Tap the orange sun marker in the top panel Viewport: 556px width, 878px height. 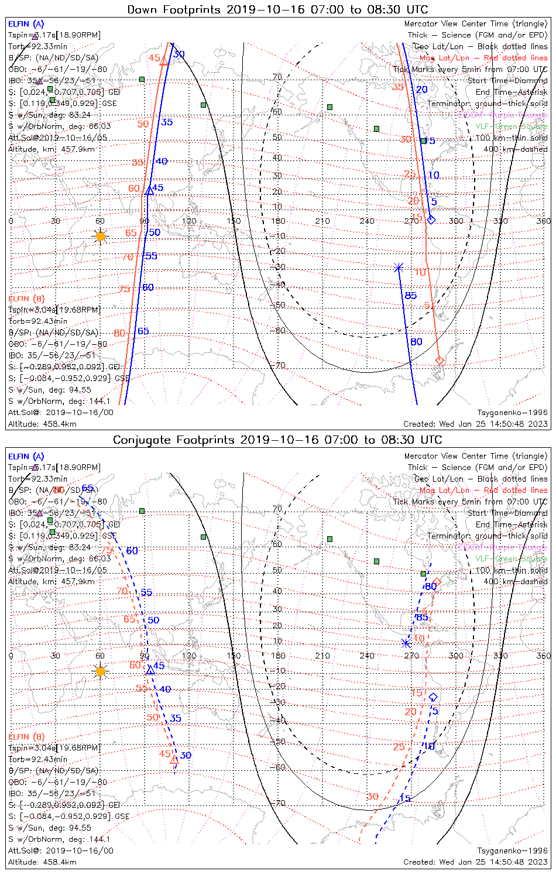click(101, 236)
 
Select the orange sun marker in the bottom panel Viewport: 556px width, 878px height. click(101, 671)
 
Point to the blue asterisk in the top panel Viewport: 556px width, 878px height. click(399, 267)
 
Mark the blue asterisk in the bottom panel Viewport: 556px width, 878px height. click(406, 643)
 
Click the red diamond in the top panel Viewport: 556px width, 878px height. click(440, 361)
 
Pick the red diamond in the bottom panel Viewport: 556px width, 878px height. click(437, 581)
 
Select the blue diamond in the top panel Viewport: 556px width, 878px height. click(431, 220)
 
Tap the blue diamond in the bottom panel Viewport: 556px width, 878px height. click(433, 697)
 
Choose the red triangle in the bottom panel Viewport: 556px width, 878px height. click(174, 760)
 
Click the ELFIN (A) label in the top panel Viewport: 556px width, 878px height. click(26, 24)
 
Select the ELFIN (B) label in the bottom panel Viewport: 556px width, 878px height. click(26, 736)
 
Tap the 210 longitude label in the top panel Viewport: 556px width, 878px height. click(322, 221)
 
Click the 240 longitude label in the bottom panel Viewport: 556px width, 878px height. click(367, 656)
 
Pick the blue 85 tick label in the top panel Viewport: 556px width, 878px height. click(411, 296)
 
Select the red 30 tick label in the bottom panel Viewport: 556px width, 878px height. click(372, 797)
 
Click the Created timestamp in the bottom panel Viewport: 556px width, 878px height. click(475, 862)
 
